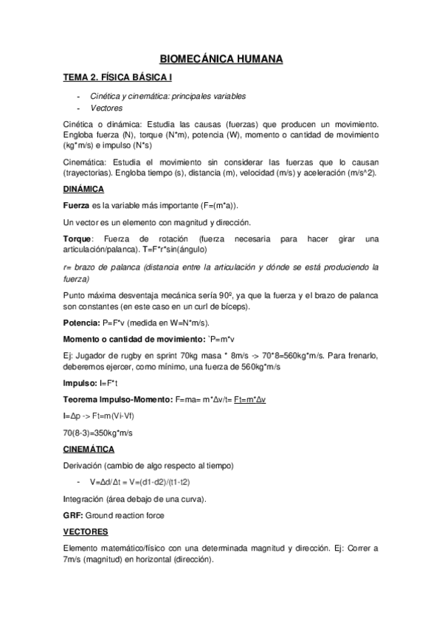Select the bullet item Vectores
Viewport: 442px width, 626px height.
coord(106,109)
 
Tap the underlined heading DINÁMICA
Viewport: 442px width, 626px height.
coord(83,190)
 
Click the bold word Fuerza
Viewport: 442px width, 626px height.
coord(77,205)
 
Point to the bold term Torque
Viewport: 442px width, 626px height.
coord(77,239)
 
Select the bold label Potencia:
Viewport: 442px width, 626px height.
coord(81,323)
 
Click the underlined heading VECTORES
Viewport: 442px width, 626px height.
coord(86,532)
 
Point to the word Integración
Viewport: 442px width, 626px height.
coord(86,499)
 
